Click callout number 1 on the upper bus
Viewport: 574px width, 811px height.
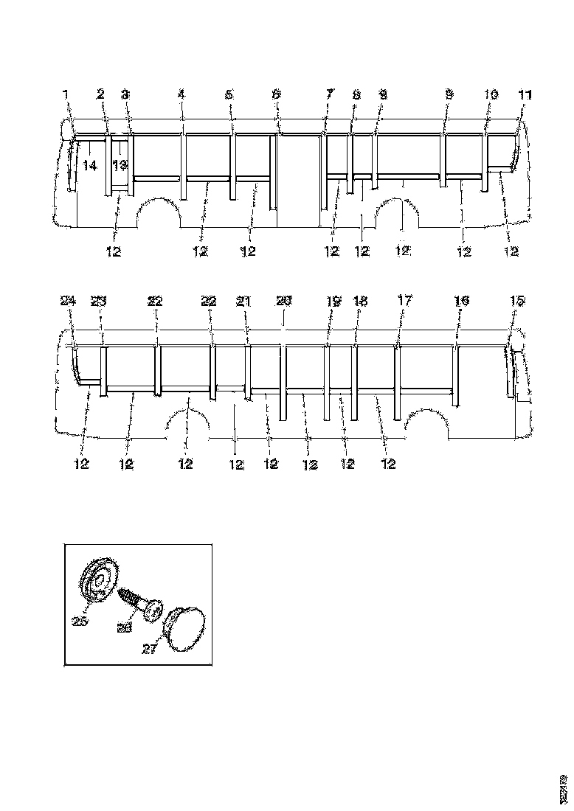(x=66, y=94)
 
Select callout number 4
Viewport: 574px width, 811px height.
(x=181, y=94)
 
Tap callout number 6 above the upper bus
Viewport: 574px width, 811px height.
(x=276, y=94)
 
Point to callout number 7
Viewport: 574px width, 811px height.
(x=329, y=94)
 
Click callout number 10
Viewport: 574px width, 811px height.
(x=491, y=94)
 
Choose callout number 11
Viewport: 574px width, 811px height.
(x=525, y=94)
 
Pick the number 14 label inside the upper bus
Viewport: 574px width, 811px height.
(x=89, y=167)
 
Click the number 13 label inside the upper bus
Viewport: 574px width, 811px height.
(x=120, y=165)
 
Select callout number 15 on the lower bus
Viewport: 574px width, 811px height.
(x=517, y=301)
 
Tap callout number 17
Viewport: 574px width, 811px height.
(x=405, y=301)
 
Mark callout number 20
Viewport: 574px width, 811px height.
(x=284, y=301)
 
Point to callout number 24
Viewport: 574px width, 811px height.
(x=68, y=301)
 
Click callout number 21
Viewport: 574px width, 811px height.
(x=243, y=301)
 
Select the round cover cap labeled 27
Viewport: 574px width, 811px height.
(x=184, y=627)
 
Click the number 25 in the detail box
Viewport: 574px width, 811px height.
(x=80, y=621)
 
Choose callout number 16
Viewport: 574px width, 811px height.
(x=461, y=301)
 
